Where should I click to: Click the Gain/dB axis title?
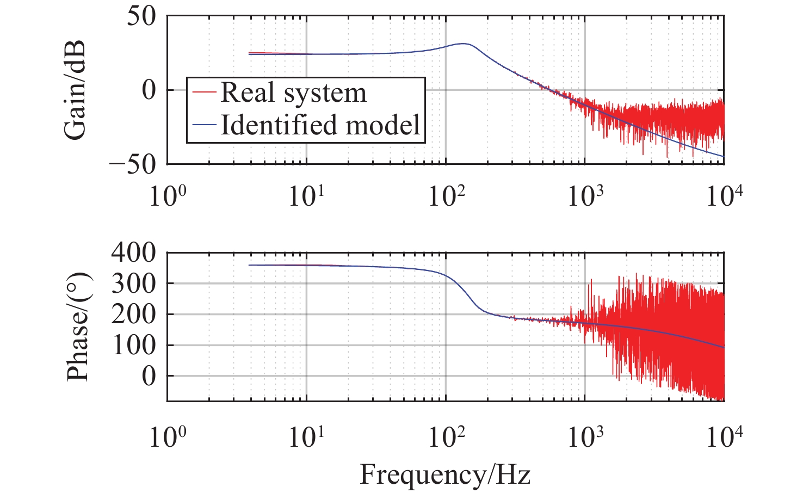[75, 90]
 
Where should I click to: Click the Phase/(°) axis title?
[78, 326]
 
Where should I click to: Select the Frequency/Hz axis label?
[444, 474]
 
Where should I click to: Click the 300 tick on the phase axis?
[133, 283]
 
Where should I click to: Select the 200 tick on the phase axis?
[133, 314]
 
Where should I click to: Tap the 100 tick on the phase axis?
[133, 345]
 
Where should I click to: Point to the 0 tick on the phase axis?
[149, 376]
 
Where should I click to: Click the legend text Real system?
[293, 93]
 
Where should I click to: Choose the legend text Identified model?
[320, 125]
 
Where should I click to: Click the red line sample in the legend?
[205, 93]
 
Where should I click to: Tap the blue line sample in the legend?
[205, 125]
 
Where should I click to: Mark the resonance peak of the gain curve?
[463, 44]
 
